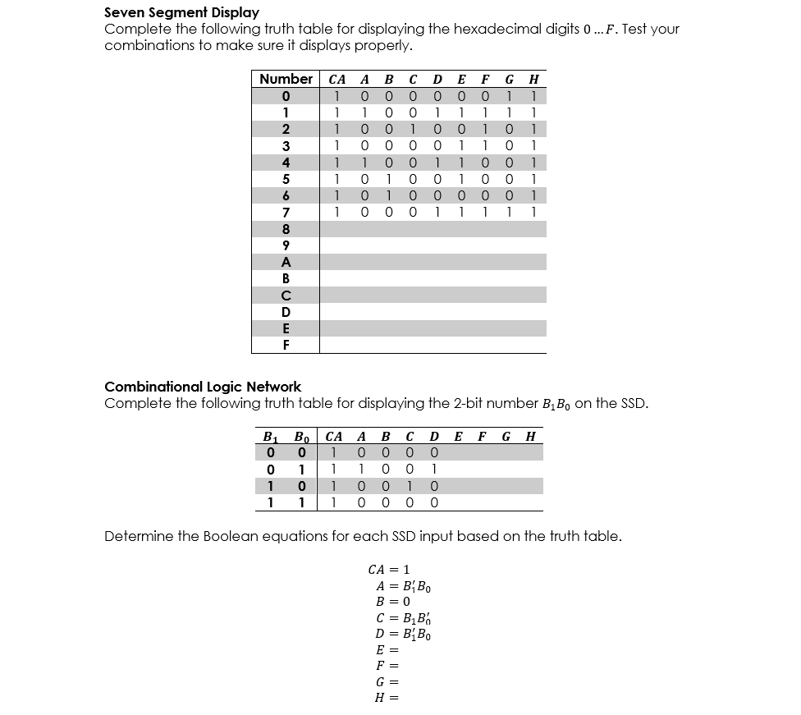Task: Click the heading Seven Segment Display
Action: pyautogui.click(x=181, y=12)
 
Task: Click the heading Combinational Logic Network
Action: pyautogui.click(x=203, y=386)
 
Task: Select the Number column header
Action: pyautogui.click(x=285, y=79)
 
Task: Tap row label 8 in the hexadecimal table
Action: pyautogui.click(x=286, y=229)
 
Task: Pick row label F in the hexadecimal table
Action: pyautogui.click(x=286, y=345)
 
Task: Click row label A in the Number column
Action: pyautogui.click(x=286, y=262)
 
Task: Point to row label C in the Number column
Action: pyautogui.click(x=286, y=296)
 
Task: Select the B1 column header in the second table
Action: pyautogui.click(x=268, y=436)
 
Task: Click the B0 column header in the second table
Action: pyautogui.click(x=302, y=436)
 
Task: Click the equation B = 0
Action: pyautogui.click(x=392, y=601)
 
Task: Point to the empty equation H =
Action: pyautogui.click(x=387, y=697)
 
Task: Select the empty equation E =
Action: pyautogui.click(x=387, y=649)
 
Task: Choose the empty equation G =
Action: pyautogui.click(x=387, y=681)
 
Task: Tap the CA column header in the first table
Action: pyautogui.click(x=336, y=80)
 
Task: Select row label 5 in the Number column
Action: pyautogui.click(x=286, y=179)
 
